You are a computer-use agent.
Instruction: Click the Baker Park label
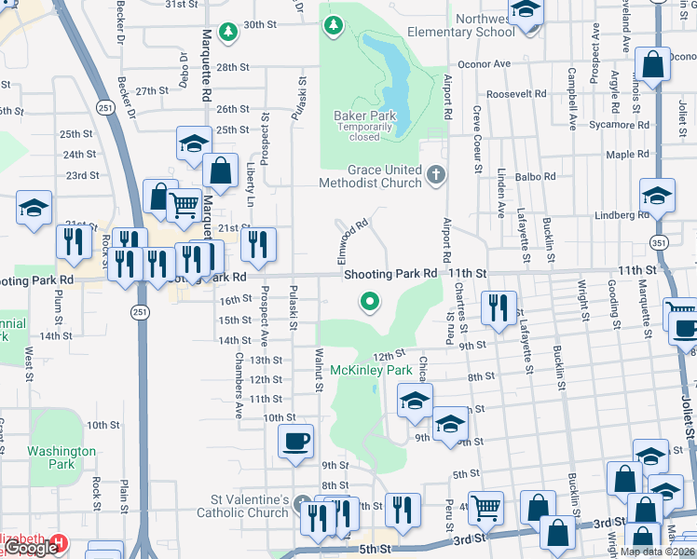pyautogui.click(x=365, y=116)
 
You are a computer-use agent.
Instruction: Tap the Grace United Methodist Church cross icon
pyautogui.click(x=435, y=174)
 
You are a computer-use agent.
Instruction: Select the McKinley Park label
pyautogui.click(x=371, y=371)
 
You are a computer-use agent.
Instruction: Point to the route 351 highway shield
pyautogui.click(x=660, y=242)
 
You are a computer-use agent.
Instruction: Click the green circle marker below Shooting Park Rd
pyautogui.click(x=370, y=301)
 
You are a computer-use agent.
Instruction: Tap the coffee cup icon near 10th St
pyautogui.click(x=296, y=441)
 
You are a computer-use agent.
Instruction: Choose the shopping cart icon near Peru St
pyautogui.click(x=485, y=508)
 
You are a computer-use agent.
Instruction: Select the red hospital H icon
pyautogui.click(x=60, y=541)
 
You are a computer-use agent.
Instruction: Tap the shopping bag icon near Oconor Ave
pyautogui.click(x=652, y=65)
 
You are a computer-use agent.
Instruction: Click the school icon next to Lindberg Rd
pyautogui.click(x=657, y=196)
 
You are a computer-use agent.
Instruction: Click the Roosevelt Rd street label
pyautogui.click(x=514, y=94)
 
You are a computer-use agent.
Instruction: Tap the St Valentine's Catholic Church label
pyautogui.click(x=242, y=512)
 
